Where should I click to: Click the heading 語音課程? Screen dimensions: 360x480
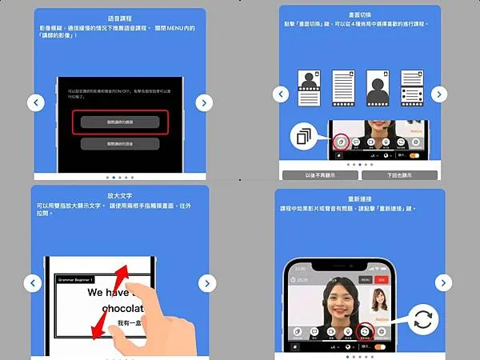(x=120, y=18)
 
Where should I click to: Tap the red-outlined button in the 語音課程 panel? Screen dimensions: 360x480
(x=120, y=122)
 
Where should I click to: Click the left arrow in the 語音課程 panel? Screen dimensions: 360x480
(x=35, y=102)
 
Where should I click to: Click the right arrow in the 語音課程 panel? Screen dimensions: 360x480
(x=205, y=102)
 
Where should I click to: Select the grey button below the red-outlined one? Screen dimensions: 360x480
(x=120, y=144)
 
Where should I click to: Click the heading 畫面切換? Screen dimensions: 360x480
(x=359, y=14)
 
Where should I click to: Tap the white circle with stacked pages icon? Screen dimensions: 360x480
(x=303, y=137)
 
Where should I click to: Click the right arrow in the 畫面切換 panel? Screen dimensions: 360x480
(x=438, y=94)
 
